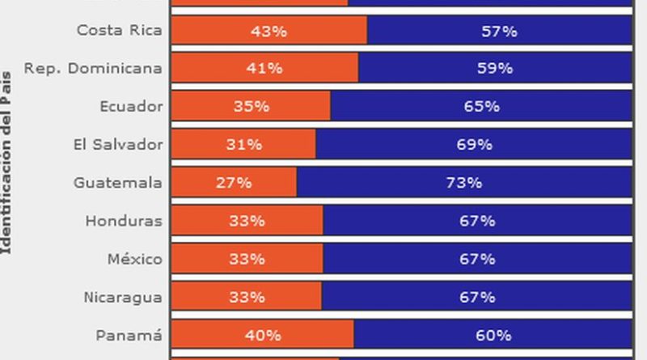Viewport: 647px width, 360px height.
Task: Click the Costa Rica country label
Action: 119,31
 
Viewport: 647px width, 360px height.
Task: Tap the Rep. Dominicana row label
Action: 93,69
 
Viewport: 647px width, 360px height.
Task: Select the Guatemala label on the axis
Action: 117,183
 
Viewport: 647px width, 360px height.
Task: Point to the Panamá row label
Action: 129,335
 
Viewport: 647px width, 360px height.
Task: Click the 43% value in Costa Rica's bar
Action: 269,32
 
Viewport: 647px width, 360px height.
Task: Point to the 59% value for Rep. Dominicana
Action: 494,69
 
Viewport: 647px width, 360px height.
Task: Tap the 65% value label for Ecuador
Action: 481,107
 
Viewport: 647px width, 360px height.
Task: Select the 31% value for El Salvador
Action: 243,145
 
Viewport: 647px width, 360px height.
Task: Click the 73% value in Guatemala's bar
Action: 464,183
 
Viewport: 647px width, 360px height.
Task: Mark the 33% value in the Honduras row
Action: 247,221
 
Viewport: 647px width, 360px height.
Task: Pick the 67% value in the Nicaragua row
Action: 477,297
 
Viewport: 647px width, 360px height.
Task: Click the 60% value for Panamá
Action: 493,335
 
